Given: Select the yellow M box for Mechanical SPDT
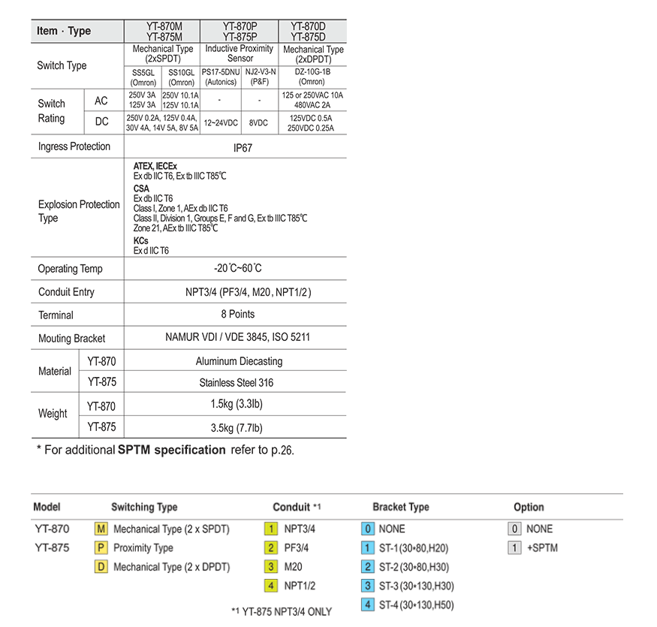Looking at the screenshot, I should (x=101, y=529).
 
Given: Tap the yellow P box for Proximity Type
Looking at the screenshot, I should (x=101, y=548).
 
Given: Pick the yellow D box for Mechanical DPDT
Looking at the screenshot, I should (x=101, y=567).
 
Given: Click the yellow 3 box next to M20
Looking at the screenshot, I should (x=271, y=567).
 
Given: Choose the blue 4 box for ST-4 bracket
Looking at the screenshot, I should (x=367, y=604).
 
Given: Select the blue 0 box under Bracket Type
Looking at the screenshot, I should (x=367, y=529).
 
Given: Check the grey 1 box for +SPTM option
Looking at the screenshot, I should (x=515, y=548).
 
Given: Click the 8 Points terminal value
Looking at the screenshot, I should (x=237, y=315).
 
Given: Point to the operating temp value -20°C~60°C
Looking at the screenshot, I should (x=237, y=268).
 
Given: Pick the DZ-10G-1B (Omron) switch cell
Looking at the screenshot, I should (x=312, y=77).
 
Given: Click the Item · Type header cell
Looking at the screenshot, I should (x=64, y=31).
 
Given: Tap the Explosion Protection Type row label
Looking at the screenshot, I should (x=79, y=211).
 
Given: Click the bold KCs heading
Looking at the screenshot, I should (x=140, y=240).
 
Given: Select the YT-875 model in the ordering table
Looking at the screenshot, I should (x=52, y=548).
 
